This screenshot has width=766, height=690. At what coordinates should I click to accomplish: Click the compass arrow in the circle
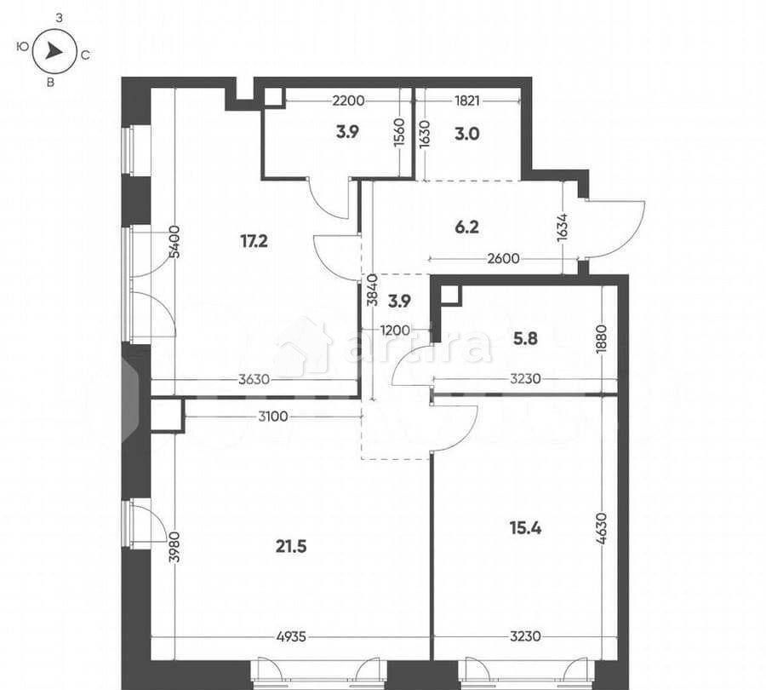tap(54, 52)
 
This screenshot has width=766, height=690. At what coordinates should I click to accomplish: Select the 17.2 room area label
tap(254, 241)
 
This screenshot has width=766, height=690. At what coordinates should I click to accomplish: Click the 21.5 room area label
tap(291, 546)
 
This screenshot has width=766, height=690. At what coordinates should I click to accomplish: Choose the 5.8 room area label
tap(525, 337)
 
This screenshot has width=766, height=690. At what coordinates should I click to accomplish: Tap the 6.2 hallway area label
tap(467, 227)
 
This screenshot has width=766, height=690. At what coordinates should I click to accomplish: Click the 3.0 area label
tap(467, 133)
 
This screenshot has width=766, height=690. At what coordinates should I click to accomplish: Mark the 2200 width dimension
tap(348, 101)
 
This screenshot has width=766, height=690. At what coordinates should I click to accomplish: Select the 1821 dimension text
tap(467, 101)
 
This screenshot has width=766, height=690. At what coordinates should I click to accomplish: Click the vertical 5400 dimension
tap(174, 241)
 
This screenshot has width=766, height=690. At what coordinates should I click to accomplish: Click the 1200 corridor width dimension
tap(394, 330)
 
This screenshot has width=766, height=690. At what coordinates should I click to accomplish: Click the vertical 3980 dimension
tap(174, 545)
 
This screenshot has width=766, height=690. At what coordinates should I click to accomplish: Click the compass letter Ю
tap(20, 49)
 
